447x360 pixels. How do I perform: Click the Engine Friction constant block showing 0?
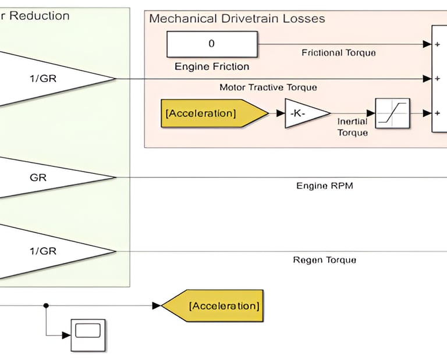pyautogui.click(x=211, y=44)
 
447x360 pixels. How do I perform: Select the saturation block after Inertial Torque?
pyautogui.click(x=392, y=113)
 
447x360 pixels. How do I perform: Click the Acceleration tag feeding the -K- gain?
pyautogui.click(x=204, y=113)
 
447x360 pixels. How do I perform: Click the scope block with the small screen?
pyautogui.click(x=88, y=334)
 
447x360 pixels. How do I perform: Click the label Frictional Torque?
pyautogui.click(x=338, y=53)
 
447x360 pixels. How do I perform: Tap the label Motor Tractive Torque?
pyautogui.click(x=268, y=87)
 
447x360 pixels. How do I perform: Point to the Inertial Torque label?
pyautogui.click(x=352, y=127)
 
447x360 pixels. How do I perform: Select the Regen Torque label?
pyautogui.click(x=324, y=260)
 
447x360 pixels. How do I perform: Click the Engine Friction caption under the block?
pyautogui.click(x=212, y=67)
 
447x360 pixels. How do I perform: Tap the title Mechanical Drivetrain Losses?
pyautogui.click(x=237, y=19)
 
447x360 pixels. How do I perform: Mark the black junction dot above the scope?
pyautogui.click(x=46, y=305)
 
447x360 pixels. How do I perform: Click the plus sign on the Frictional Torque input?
pyautogui.click(x=437, y=44)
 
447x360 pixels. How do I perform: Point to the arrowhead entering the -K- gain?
pyautogui.click(x=281, y=113)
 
